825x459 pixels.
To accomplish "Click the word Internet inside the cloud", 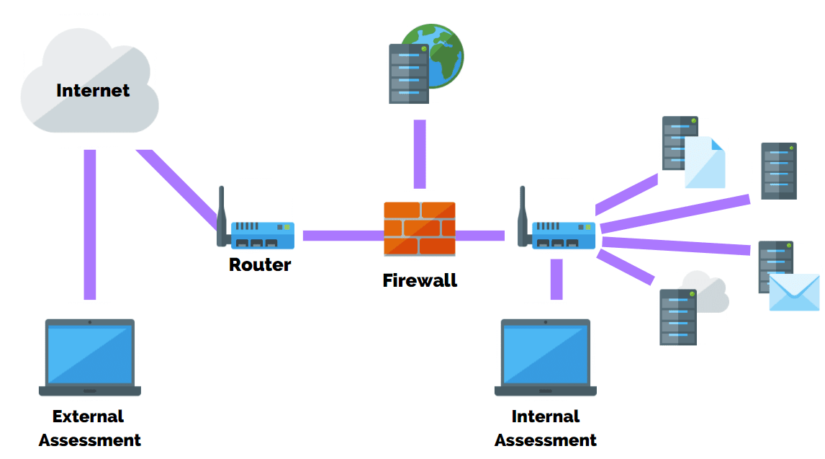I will pos(93,91).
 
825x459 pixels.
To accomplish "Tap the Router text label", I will pos(260,264).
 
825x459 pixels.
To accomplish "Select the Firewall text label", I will pos(420,280).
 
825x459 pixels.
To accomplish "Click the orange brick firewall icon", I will pos(420,228).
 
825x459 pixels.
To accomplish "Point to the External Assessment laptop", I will pos(90,357).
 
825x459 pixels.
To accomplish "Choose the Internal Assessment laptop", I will pos(546,357).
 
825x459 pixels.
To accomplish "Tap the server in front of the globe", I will pos(408,73).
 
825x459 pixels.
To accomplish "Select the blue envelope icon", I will pos(794,292).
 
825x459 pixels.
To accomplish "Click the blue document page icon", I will pos(705,164).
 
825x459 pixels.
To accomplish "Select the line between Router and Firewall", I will pos(343,236).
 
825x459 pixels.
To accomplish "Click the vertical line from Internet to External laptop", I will pos(90,223).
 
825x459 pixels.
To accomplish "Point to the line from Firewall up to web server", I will pos(420,153).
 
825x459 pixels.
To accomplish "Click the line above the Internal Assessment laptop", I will pos(556,278).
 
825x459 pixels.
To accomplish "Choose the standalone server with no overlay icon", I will pos(779,171).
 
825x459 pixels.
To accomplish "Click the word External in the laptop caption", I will pos(88,416).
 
